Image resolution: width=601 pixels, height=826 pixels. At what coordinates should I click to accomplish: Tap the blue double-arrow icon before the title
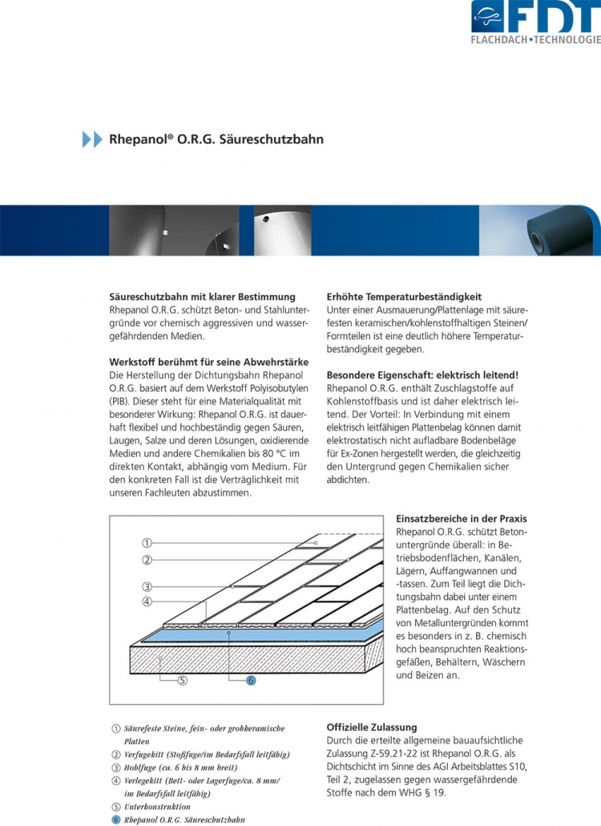pyautogui.click(x=92, y=139)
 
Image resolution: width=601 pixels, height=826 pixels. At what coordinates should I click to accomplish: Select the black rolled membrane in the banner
pyautogui.click(x=566, y=233)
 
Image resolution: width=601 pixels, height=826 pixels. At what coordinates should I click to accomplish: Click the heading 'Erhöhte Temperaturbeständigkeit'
pyautogui.click(x=404, y=297)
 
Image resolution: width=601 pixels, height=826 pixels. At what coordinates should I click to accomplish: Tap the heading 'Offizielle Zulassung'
pyautogui.click(x=372, y=727)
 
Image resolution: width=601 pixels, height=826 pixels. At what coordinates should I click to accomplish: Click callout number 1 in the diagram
pyautogui.click(x=147, y=543)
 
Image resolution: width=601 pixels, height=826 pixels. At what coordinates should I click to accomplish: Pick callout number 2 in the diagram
pyautogui.click(x=147, y=560)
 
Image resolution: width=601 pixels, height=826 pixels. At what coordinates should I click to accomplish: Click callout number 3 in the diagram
pyautogui.click(x=147, y=586)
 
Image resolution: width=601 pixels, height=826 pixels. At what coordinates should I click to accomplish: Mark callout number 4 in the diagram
pyautogui.click(x=147, y=601)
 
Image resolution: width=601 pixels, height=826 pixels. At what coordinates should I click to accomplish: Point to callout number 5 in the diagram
pyautogui.click(x=182, y=681)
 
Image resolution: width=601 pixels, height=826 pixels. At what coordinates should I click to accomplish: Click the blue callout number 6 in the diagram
pyautogui.click(x=250, y=681)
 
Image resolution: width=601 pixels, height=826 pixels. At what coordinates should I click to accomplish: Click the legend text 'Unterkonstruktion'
pyautogui.click(x=157, y=806)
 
